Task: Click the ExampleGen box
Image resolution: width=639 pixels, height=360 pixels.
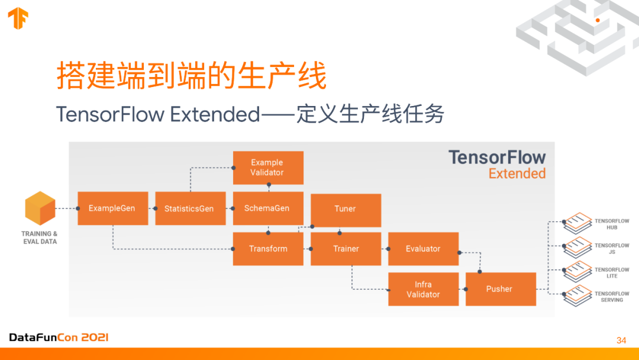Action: point(112,208)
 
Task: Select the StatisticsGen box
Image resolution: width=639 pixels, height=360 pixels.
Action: point(190,208)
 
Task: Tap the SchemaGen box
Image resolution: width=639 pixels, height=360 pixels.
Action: point(268,208)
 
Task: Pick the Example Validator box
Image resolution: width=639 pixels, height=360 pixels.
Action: point(268,168)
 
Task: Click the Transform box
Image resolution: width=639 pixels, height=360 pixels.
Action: point(268,249)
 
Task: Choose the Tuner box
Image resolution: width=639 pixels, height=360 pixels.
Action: point(346,208)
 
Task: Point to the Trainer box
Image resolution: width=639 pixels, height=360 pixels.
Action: point(346,249)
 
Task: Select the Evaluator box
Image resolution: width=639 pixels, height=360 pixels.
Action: point(423,249)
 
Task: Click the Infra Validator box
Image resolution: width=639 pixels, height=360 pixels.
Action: point(423,289)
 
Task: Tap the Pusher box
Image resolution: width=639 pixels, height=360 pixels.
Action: point(501,289)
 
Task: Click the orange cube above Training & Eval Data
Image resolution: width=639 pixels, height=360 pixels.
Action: point(40,208)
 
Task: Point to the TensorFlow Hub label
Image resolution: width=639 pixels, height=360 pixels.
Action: point(612,224)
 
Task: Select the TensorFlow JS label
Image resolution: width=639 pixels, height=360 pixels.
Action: point(612,249)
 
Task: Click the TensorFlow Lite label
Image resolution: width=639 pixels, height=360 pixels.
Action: point(612,272)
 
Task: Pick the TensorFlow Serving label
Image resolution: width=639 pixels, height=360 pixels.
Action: point(612,297)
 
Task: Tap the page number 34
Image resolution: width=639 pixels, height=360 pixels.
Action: point(621,340)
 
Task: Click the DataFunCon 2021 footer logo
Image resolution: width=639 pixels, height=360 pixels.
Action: point(59,337)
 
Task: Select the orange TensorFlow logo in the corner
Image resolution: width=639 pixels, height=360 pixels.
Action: point(18,18)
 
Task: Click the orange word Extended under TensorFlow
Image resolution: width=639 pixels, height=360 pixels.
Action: point(517,173)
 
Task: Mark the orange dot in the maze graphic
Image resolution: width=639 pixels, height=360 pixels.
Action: point(598,20)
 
